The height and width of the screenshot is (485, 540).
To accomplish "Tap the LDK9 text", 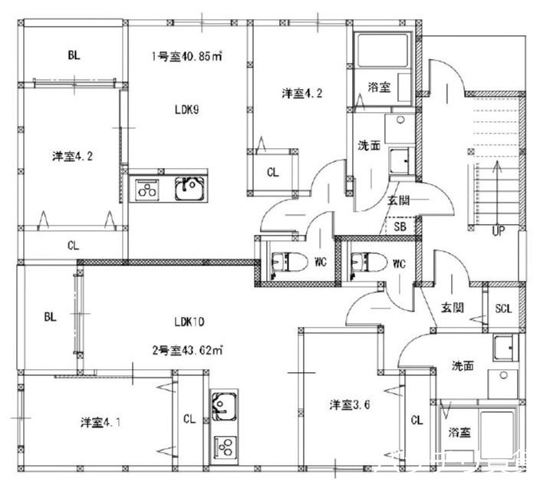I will click(x=187, y=109).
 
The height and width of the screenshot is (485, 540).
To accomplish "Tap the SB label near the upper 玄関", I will click(x=400, y=227).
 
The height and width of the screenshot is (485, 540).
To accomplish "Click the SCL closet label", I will click(x=503, y=308).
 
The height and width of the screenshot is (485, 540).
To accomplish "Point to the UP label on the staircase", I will click(x=498, y=230).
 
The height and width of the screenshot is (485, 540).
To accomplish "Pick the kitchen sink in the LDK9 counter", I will click(x=189, y=188).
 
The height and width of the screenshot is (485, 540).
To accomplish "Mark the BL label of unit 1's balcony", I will click(x=74, y=54).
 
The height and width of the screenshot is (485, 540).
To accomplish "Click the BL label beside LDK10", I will click(x=50, y=315).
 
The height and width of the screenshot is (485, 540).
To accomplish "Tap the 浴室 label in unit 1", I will click(x=379, y=87).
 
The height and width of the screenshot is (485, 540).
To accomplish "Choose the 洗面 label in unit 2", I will click(x=463, y=366).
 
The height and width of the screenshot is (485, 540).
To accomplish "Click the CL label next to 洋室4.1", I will click(x=189, y=419).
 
